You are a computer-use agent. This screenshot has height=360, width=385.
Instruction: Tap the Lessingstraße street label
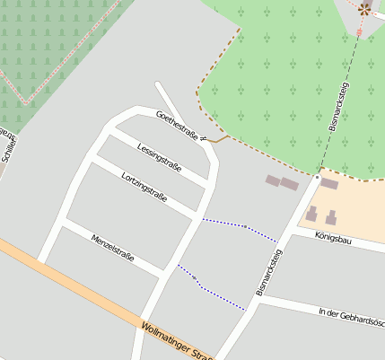coord(160,156)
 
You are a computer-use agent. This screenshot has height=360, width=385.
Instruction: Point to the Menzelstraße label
coord(112,247)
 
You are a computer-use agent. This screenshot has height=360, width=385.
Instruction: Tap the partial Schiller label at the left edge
coord(7,146)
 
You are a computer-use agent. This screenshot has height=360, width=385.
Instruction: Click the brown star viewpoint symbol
coord(363,8)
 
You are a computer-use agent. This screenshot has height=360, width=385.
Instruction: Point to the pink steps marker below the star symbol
coord(359,32)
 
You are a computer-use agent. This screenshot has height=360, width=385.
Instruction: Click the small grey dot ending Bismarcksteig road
coord(317,178)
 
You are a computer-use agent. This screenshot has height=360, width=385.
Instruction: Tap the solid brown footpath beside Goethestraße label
coord(216,140)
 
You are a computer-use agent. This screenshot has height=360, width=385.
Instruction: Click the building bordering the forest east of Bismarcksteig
coord(329,184)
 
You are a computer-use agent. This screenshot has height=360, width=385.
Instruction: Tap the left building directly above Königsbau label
coord(311,215)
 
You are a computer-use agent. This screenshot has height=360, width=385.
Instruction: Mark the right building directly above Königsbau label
coord(330,217)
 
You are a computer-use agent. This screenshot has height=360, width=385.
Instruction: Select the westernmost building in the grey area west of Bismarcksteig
coord(272,180)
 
